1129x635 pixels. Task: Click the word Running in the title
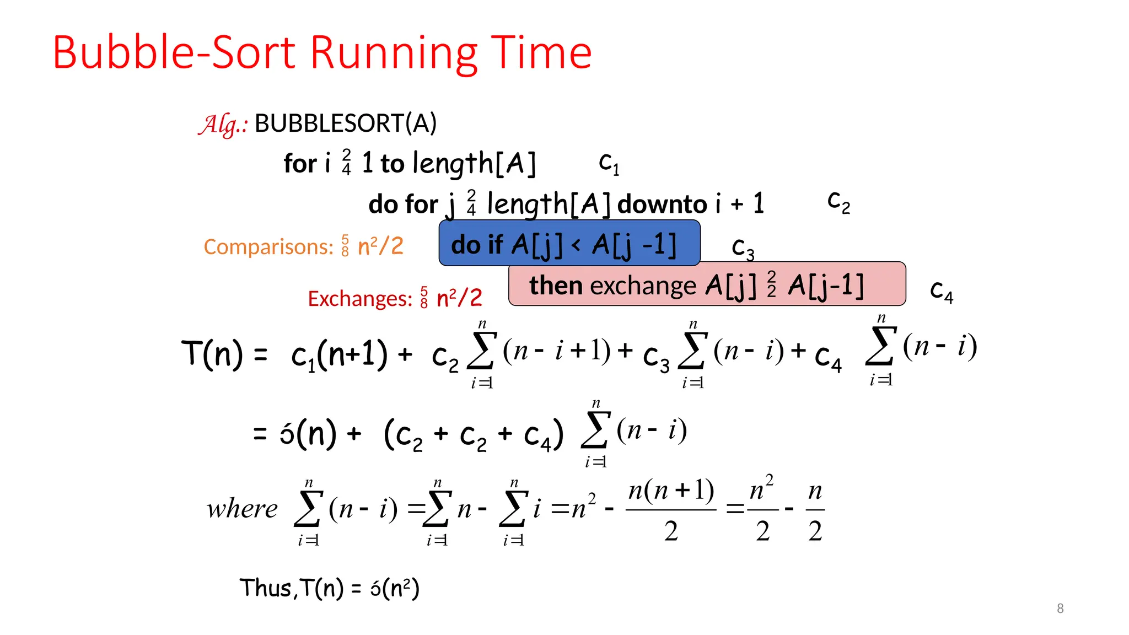[x=394, y=53]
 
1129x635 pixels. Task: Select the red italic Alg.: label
[x=223, y=124]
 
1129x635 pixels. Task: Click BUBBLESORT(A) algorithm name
[x=346, y=123]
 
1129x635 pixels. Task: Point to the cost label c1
[x=609, y=163]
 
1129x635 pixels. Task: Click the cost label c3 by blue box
[x=743, y=247]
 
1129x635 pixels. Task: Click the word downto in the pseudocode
[x=662, y=205]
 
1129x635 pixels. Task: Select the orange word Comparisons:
[x=268, y=246]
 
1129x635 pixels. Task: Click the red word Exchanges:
[x=360, y=298]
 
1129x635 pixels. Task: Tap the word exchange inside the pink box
[x=643, y=286]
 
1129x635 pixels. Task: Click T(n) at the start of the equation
[x=212, y=353]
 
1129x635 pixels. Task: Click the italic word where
[x=242, y=509]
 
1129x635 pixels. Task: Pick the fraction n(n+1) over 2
[x=671, y=509]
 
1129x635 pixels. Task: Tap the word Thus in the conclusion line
[x=265, y=588]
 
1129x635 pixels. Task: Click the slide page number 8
[x=1060, y=608]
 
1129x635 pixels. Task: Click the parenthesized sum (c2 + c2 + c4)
[x=474, y=435]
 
